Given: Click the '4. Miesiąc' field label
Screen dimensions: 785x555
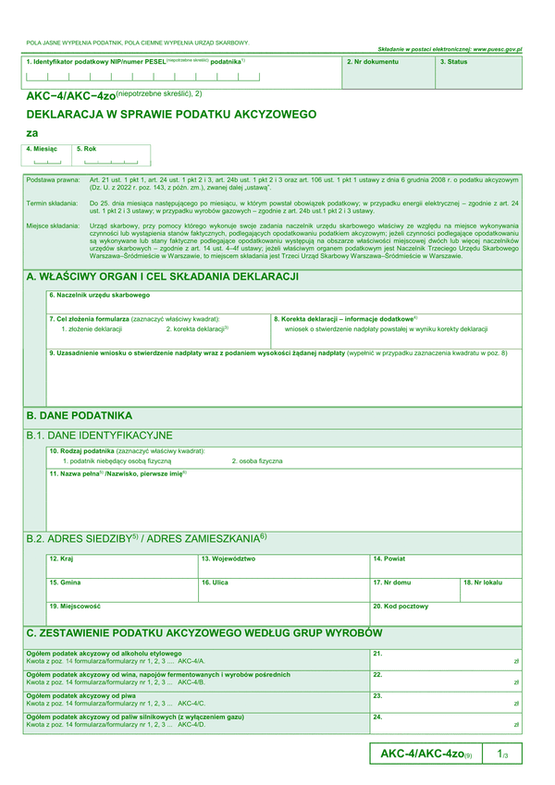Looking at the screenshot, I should pos(42,148).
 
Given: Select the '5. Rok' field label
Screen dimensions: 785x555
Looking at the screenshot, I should pos(86,148).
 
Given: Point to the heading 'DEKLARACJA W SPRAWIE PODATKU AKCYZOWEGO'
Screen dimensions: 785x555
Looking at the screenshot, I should pos(171,115).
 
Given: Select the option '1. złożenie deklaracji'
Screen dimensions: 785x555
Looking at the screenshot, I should pos(92,328).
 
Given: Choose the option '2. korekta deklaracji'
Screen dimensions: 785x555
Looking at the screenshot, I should pos(197,328).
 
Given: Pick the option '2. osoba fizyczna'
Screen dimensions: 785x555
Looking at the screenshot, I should pos(257,460).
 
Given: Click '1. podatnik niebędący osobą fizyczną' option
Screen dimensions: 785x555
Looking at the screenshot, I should pos(117,460).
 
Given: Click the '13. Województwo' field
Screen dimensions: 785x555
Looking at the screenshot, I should pos(282,565).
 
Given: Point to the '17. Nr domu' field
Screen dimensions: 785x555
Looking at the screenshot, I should pos(413,589).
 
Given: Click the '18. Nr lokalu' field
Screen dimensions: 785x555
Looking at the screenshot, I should pos(491,589).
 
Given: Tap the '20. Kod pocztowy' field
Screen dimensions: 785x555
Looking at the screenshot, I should pos(445,613).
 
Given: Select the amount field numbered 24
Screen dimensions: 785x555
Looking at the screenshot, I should pos(445,721).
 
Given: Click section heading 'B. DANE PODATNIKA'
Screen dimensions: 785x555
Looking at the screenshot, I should pos(80,415).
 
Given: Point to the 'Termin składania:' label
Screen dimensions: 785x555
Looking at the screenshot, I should pos(52,202).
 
